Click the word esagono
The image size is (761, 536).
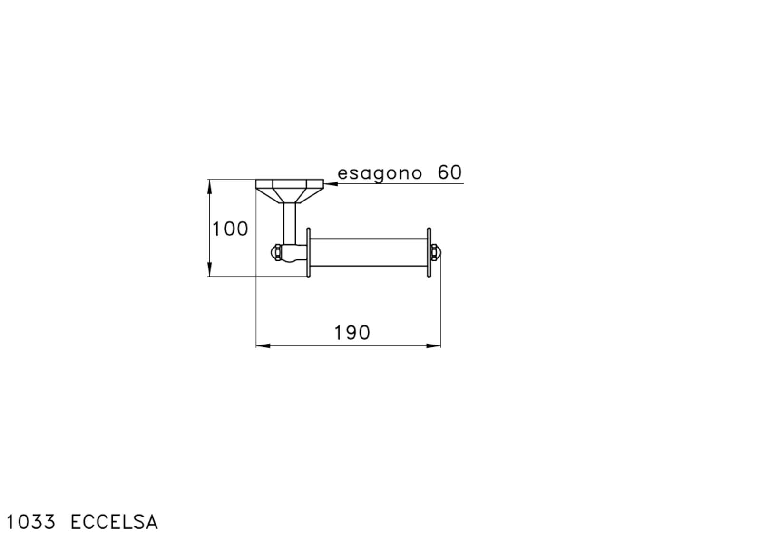click(380, 174)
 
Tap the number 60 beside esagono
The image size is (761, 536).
click(449, 172)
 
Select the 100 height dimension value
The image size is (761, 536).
click(230, 229)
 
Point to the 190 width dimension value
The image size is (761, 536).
click(352, 333)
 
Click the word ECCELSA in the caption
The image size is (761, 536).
click(114, 522)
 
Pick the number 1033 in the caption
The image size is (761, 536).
click(31, 522)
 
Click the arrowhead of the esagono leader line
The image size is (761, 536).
click(331, 184)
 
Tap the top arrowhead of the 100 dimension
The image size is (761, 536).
click(210, 187)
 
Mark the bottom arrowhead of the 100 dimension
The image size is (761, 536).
click(210, 269)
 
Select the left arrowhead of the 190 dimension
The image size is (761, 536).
click(263, 346)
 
